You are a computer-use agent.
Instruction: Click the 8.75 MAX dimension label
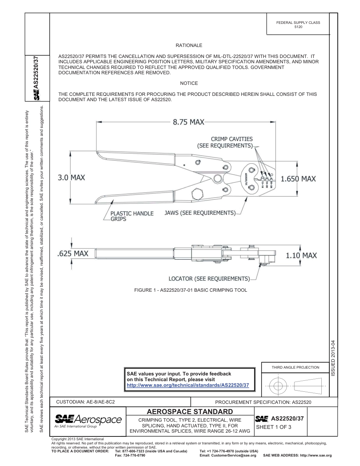pos(188,122)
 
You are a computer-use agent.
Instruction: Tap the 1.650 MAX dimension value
pos(298,178)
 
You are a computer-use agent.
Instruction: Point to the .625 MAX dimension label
pos(72,253)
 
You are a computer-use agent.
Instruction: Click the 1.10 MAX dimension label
pos(301,255)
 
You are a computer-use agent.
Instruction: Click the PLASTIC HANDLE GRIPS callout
pos(131,216)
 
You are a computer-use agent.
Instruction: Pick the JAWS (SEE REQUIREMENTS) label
pos(200,213)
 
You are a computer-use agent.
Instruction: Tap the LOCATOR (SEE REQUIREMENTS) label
pos(209,279)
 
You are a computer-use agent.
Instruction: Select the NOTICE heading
pos(189,83)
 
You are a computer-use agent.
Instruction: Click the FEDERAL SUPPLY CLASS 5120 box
pos(298,25)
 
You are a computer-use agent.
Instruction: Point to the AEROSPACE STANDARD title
pos(189,411)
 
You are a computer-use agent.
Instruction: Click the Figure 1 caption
pos(191,290)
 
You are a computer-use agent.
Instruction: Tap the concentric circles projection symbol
pos(278,386)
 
